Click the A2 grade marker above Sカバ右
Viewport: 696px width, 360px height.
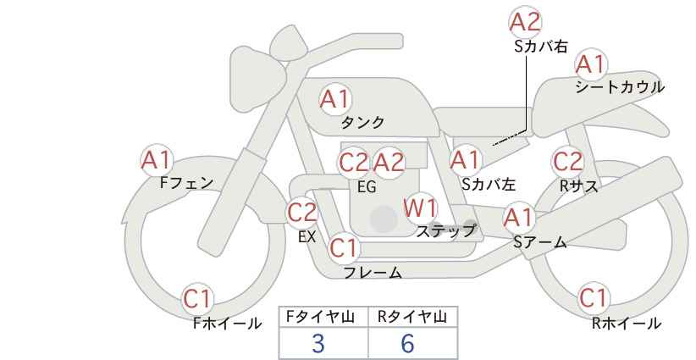525,22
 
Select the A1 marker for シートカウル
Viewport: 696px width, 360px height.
591,65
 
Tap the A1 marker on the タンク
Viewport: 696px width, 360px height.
335,99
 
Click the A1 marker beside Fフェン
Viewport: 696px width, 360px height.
157,160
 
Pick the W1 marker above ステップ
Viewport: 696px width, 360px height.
420,208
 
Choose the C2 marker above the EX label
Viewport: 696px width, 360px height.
302,212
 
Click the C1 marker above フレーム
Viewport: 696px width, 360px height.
344,247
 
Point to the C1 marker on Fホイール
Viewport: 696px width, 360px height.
197,299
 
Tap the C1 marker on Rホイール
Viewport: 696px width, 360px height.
594,298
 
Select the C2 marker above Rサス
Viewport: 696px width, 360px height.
567,162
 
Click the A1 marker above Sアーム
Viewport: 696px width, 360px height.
518,218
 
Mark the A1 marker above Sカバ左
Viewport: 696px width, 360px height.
466,160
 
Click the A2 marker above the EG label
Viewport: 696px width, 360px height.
389,163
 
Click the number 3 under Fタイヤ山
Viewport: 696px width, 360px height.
318,343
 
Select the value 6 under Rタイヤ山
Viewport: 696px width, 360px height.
407,343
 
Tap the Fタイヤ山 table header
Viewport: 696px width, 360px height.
321,317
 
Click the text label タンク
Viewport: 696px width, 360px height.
362,122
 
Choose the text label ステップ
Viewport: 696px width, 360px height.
445,231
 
